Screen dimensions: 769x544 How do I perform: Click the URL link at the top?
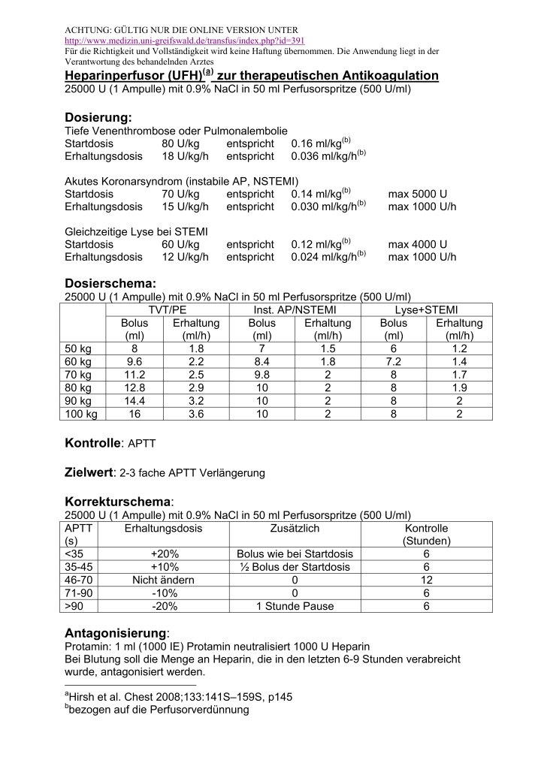185,40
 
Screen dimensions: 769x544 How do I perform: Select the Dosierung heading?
98,117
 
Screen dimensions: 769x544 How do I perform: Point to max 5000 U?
418,194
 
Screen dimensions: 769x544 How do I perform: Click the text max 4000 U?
418,244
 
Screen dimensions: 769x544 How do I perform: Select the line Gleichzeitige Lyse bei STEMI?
136,231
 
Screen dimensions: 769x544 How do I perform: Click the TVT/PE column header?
169,310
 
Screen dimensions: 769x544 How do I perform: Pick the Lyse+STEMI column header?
427,310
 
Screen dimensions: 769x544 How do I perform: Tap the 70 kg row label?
78,374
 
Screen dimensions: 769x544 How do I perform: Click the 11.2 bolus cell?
134,374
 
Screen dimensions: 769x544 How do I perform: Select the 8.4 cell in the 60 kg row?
262,361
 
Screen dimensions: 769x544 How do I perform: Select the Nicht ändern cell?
164,580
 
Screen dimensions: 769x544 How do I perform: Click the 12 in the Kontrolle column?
426,580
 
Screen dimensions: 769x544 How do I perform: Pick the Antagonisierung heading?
116,632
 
